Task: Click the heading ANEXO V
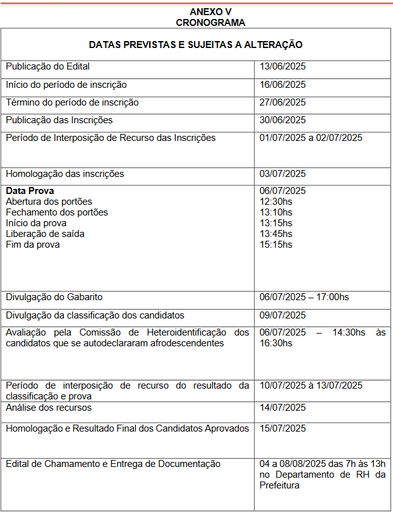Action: tap(210, 12)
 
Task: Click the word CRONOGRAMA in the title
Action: tap(210, 22)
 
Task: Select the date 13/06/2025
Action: tap(282, 66)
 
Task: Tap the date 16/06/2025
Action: tap(282, 85)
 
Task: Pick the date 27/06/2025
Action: tap(282, 102)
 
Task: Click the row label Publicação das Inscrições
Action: tap(59, 120)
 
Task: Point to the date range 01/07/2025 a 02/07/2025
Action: tap(311, 138)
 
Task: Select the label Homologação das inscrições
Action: tap(64, 174)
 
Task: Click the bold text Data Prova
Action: tap(30, 191)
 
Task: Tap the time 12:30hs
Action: tap(276, 202)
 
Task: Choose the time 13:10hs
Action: tap(276, 212)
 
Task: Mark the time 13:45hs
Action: tap(276, 234)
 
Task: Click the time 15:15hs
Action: tap(276, 245)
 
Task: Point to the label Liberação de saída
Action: tap(45, 234)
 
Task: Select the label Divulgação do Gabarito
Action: tap(54, 297)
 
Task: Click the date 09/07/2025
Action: tap(282, 315)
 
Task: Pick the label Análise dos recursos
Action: tap(49, 408)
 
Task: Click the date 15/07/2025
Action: tap(282, 428)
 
